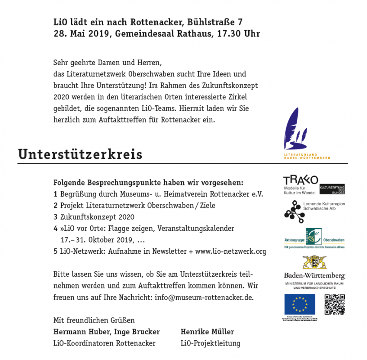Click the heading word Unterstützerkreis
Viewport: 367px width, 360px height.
point(80,154)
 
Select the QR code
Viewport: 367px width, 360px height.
point(334,304)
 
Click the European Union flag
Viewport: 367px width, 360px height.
point(300,304)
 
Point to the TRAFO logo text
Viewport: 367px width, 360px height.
point(300,180)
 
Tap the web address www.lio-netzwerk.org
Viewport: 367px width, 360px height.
point(231,251)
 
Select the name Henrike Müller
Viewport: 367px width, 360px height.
point(207,332)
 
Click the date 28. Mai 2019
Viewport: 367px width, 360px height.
point(81,34)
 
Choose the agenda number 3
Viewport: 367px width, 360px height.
point(55,217)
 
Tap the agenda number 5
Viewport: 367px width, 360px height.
point(55,251)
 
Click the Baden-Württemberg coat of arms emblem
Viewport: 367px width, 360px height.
point(314,262)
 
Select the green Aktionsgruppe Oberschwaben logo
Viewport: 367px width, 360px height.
point(314,238)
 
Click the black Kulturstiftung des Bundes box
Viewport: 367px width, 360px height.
point(332,189)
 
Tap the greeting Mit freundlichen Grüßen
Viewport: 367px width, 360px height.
point(94,320)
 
